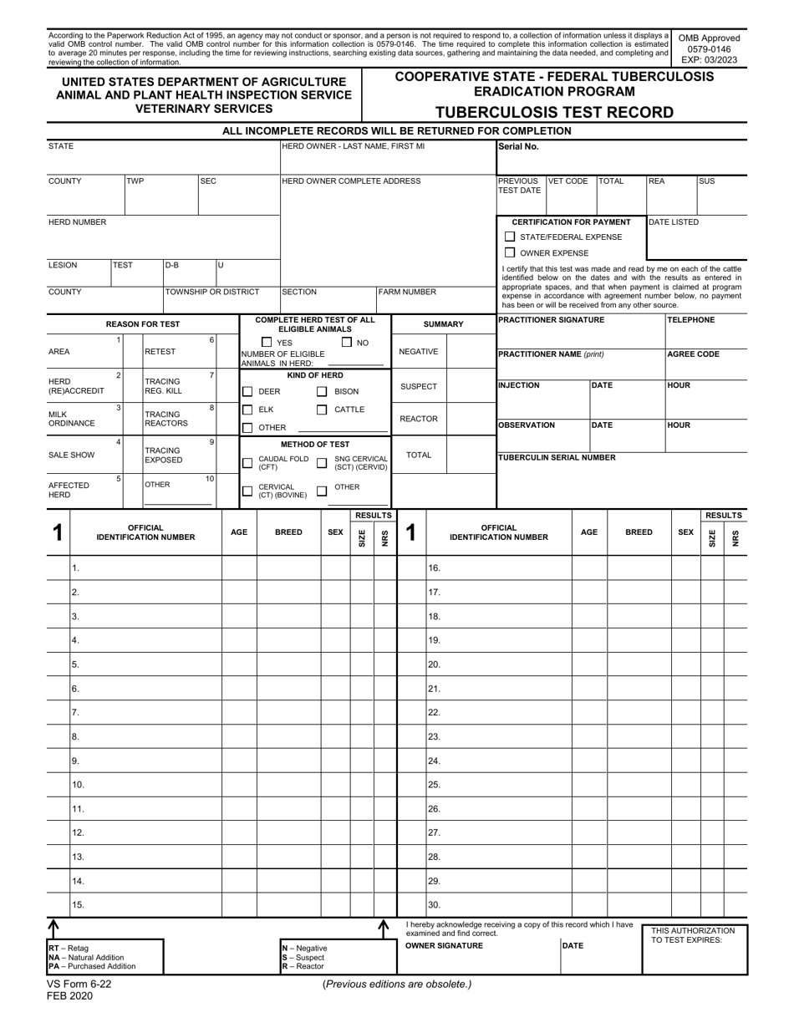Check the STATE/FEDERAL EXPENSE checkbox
510,237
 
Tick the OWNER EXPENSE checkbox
510,252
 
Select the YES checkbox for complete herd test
267,342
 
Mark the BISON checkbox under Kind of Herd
322,391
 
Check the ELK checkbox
247,410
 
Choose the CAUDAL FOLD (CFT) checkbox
247,463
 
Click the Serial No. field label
518,146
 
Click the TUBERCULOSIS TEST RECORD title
554,113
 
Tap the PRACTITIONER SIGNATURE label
549,320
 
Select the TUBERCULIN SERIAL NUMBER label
557,457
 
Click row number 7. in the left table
75,713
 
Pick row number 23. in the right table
434,737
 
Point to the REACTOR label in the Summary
418,419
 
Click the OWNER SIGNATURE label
444,945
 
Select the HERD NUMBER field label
77,222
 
